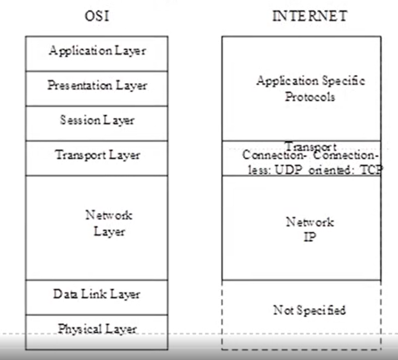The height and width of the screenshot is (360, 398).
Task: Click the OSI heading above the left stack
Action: point(97,16)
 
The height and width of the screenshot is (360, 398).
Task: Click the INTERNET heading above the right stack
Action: point(309,16)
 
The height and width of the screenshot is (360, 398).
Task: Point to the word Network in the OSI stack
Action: point(109,215)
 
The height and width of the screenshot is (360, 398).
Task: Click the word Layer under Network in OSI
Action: point(109,232)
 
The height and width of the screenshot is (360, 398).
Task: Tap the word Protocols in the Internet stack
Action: point(310,97)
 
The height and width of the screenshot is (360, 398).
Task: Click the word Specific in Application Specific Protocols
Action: point(343,82)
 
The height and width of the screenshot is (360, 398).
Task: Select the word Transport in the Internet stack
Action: point(310,147)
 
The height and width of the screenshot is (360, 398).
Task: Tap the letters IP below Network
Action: point(309,237)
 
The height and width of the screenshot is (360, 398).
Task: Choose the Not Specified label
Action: point(309,310)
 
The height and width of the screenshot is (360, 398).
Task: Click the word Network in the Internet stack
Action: point(309,222)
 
